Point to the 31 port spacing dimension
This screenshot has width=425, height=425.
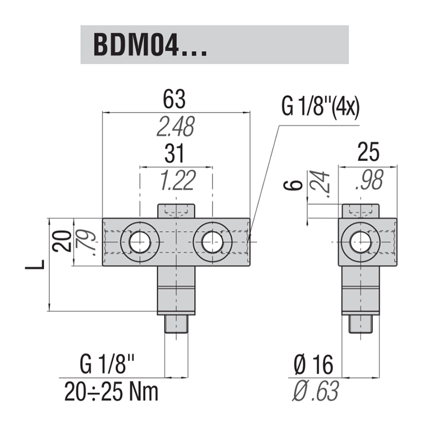175,154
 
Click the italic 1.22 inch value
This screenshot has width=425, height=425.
176,181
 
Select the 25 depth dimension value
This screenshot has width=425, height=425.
369,152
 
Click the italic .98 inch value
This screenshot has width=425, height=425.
369,181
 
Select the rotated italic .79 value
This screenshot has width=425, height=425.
86,242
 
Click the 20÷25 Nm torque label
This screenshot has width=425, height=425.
112,393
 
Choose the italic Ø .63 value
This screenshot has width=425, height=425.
316,393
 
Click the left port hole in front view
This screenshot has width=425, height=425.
140,242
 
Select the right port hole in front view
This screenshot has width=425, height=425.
212,242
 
